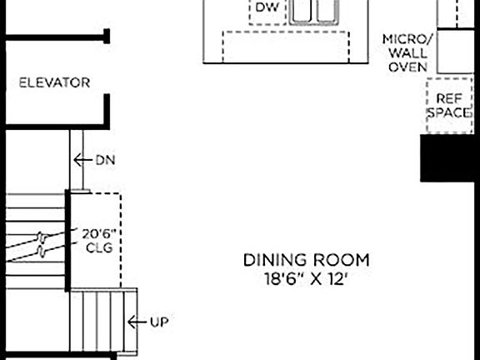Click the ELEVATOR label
pos(54,82)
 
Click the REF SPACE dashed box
pos(449,105)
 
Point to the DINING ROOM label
pos(306,260)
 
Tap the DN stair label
pos(105,159)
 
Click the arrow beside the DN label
pos(82,159)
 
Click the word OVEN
pos(408,67)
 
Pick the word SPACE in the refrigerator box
pos(450,112)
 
